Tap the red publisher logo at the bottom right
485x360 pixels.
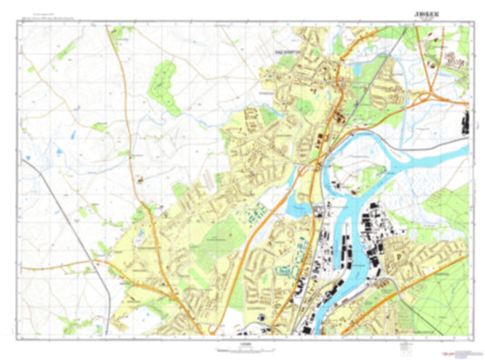coord(445,345)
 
